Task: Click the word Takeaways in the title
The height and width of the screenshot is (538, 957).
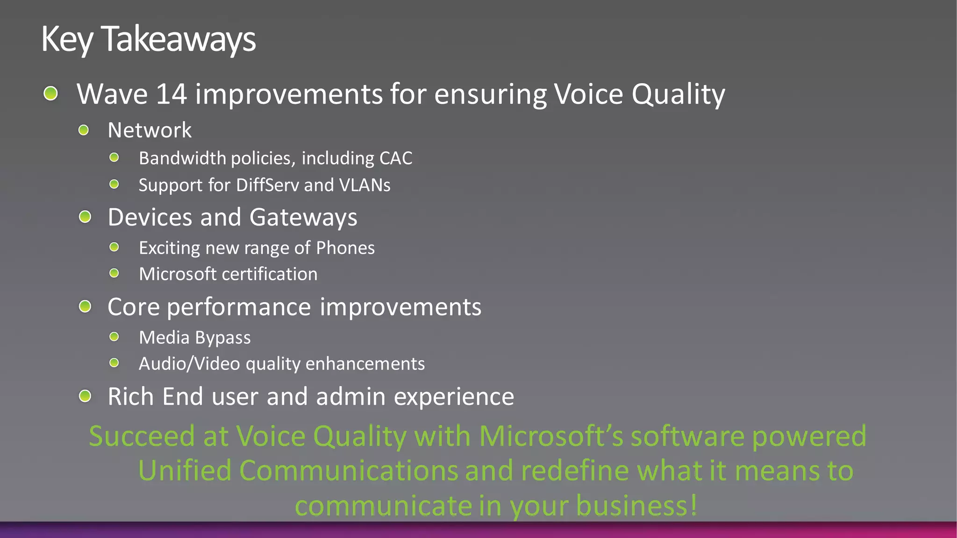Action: [x=179, y=39]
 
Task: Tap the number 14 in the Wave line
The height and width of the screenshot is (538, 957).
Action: [x=171, y=94]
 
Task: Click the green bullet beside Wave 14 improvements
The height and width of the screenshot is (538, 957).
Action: [x=50, y=93]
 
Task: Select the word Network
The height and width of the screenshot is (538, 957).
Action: [x=150, y=130]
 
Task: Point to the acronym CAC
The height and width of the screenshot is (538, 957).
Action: [x=396, y=158]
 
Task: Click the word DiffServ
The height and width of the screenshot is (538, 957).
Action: [x=267, y=185]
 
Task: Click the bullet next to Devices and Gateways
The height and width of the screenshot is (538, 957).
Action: [x=85, y=217]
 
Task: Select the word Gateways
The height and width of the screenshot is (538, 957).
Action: [x=303, y=218]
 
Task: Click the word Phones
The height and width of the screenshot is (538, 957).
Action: [x=345, y=248]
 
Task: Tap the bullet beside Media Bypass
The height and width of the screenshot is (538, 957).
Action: [x=114, y=337]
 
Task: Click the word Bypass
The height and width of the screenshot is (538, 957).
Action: [x=222, y=338]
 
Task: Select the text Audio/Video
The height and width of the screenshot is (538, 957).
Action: [x=189, y=364]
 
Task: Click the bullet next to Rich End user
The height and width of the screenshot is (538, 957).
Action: [x=85, y=396]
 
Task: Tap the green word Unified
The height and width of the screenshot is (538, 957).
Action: [x=185, y=470]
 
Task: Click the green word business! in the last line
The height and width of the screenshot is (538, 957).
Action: [x=636, y=505]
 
